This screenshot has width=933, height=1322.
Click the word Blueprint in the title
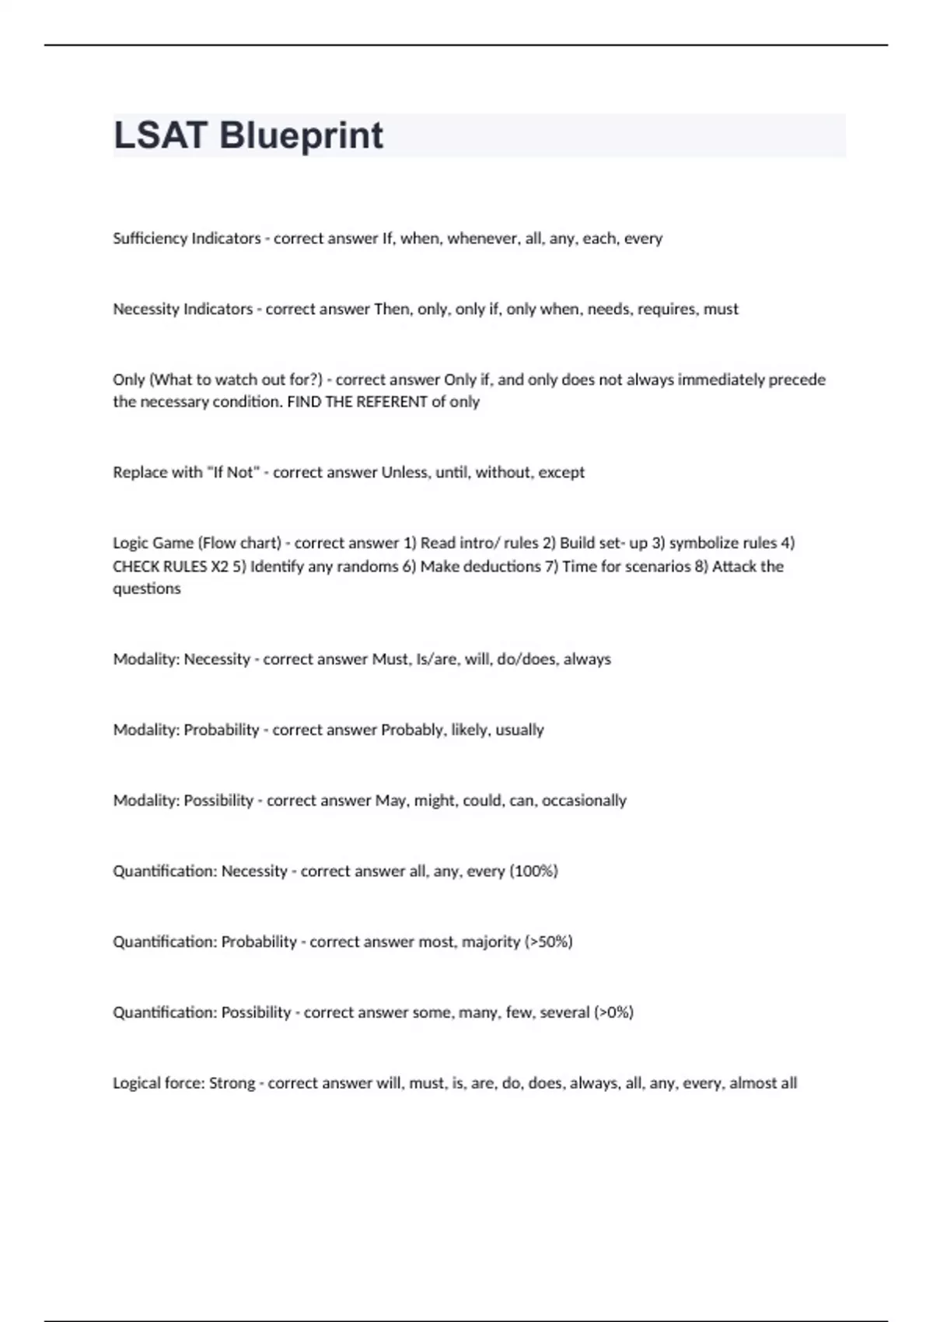pyautogui.click(x=301, y=135)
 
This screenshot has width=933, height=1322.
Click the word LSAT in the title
pyautogui.click(x=160, y=135)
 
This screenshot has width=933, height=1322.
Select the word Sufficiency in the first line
pyautogui.click(x=148, y=238)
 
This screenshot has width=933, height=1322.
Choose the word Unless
pyautogui.click(x=404, y=472)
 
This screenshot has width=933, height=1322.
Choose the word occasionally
pyautogui.click(x=584, y=800)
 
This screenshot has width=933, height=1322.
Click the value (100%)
pyautogui.click(x=533, y=871)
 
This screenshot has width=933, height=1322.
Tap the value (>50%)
pyautogui.click(x=549, y=942)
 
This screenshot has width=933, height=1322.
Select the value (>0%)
pyautogui.click(x=613, y=1012)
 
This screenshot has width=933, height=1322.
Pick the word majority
pyautogui.click(x=491, y=942)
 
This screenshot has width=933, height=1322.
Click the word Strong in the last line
pyautogui.click(x=232, y=1083)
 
